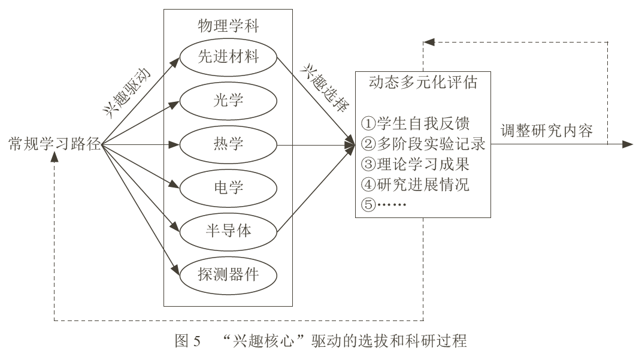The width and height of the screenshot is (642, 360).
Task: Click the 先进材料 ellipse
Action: tap(228, 58)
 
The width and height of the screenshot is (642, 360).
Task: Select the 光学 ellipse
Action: tap(228, 101)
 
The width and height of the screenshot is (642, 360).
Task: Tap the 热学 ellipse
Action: tap(228, 144)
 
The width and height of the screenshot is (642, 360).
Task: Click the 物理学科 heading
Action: tap(228, 26)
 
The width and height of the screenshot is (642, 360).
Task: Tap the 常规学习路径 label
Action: tap(54, 144)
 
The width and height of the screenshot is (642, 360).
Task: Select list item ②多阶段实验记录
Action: tap(423, 144)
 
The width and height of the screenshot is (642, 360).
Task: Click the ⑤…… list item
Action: tap(384, 204)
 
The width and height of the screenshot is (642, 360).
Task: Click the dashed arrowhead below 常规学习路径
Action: tap(54, 156)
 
